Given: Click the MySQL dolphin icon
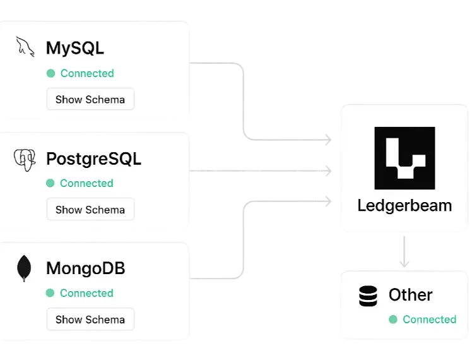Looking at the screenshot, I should click(x=25, y=47).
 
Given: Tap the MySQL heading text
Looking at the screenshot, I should click(x=75, y=48).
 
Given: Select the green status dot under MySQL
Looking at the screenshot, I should click(x=51, y=73).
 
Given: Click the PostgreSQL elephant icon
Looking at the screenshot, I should click(x=25, y=159).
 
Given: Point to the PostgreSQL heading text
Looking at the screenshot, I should click(x=93, y=159).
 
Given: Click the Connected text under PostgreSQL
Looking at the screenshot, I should click(x=86, y=183).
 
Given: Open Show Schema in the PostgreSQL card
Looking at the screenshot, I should click(x=90, y=210).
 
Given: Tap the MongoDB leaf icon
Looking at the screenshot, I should click(x=25, y=268).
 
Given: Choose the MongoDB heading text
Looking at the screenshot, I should click(x=86, y=268).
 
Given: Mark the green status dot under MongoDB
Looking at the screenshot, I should click(x=50, y=293).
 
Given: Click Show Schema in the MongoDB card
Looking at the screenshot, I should click(x=90, y=320).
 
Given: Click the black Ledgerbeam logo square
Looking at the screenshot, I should click(x=404, y=158).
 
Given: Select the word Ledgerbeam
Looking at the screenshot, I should click(x=404, y=206).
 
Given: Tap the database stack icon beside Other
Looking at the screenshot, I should click(x=368, y=296).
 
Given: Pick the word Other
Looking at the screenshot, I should click(x=411, y=295).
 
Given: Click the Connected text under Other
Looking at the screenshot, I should click(x=429, y=320).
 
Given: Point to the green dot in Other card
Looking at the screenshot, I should click(x=393, y=320).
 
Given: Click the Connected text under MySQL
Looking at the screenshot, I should click(x=87, y=73).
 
